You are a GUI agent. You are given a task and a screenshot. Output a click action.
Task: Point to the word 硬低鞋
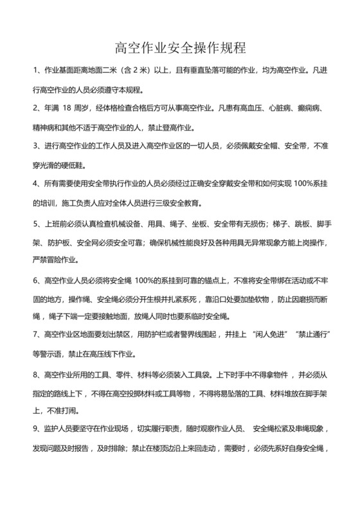[84, 165]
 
